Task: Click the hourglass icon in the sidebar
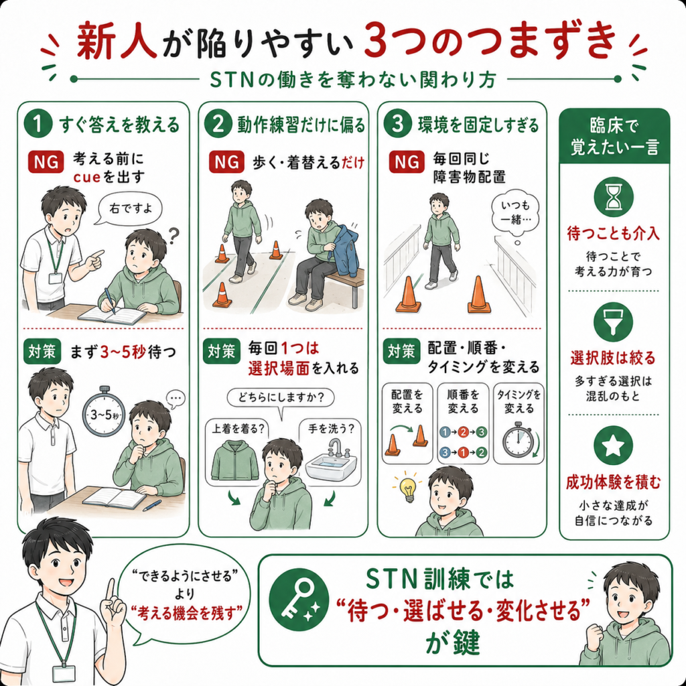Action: point(614,197)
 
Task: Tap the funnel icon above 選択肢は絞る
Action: point(614,322)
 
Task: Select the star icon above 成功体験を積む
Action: point(614,445)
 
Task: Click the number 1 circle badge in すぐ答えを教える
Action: point(38,124)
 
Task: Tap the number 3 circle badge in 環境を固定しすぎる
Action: point(397,124)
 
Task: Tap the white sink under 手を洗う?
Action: point(331,462)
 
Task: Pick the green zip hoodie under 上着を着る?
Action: point(235,461)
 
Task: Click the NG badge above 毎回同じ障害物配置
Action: point(407,162)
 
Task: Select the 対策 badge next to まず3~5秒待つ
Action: point(42,352)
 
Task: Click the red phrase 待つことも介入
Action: point(614,234)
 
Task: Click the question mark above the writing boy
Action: point(174,236)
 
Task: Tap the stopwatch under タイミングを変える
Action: point(518,439)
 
